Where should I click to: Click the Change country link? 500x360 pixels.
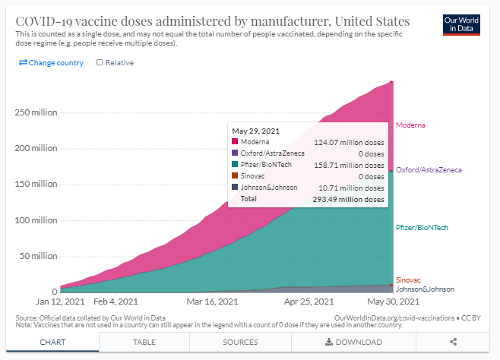(51, 62)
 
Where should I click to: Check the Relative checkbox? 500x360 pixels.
(100, 62)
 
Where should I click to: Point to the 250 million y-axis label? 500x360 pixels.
(36, 112)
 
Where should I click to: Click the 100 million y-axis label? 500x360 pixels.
(36, 220)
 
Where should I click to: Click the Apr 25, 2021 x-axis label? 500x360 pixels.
(305, 302)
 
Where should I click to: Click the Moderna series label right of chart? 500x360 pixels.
(410, 125)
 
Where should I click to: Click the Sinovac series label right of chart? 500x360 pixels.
(409, 279)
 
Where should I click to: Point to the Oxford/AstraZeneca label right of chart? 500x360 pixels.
(429, 169)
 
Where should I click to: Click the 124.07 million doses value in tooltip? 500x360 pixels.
(349, 142)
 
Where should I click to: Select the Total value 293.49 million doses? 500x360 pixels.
(349, 199)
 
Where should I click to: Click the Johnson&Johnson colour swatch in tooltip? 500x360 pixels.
(236, 187)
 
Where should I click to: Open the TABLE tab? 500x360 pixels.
(149, 343)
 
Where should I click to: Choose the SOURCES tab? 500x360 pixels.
(240, 343)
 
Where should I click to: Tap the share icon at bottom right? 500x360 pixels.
(453, 343)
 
